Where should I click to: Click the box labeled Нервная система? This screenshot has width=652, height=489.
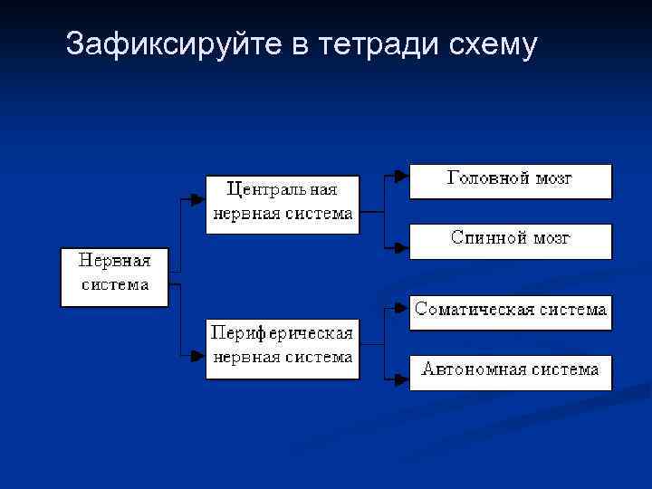coord(114,275)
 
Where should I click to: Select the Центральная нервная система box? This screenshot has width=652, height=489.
coord(282,205)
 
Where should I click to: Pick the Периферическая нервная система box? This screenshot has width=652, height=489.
coord(282,348)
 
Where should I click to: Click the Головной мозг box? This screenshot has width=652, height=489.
coord(511,181)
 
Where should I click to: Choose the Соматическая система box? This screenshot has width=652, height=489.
coord(511,312)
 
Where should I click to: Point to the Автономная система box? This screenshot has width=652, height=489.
coord(511,372)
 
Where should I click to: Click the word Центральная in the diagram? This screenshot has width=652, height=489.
coord(282,190)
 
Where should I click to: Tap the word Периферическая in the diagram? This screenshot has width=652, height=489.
coord(282,333)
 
